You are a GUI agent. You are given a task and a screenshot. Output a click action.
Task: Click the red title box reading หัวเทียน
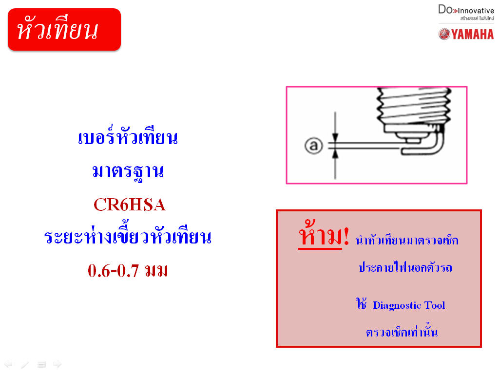coord(64,29)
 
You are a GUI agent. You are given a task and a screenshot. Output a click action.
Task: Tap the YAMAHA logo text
coord(473,35)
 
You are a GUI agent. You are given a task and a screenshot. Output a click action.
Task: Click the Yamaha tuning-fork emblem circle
coord(444,34)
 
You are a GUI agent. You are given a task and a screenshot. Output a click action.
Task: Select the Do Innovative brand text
coord(466,10)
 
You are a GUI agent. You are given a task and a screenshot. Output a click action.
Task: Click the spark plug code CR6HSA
coord(130,205)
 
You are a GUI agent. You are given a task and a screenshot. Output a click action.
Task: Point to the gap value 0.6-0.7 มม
coord(128,271)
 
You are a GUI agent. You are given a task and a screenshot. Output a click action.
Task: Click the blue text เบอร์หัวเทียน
coord(128,137)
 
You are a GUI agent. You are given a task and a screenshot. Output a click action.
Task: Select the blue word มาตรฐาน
coord(128,171)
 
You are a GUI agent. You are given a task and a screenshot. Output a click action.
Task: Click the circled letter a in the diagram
coord(314,146)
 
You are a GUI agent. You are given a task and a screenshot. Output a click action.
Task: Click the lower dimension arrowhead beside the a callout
coord(335,154)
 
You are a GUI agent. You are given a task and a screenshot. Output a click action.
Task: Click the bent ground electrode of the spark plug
coord(439,145)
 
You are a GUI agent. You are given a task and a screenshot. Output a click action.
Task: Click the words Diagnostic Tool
coord(409,305)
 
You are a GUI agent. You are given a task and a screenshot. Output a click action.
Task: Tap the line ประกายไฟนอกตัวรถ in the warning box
coord(405,267)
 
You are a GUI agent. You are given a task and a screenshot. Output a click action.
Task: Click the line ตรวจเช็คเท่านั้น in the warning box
coord(402,331)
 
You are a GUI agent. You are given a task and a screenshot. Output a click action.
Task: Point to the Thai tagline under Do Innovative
coord(477,19)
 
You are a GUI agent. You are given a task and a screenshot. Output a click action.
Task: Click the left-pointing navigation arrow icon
coord(8,364)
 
